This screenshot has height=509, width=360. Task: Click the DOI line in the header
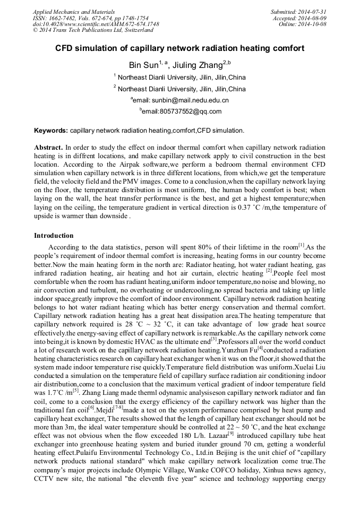[x=96, y=24]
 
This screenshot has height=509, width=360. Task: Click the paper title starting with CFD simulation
[x=179, y=48]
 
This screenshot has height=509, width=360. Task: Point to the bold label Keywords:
[x=51, y=130]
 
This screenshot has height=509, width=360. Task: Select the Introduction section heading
[x=54, y=235]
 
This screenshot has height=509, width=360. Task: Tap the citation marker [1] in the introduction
[x=301, y=245]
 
